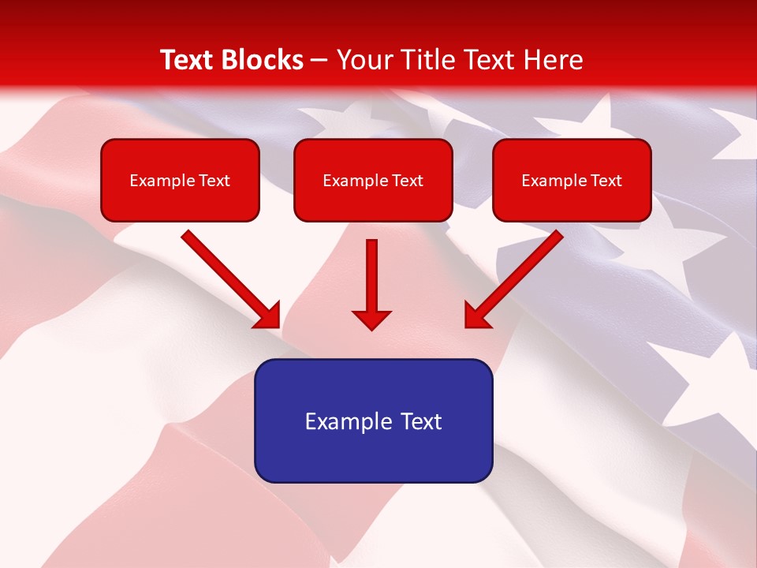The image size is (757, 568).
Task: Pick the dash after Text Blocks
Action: coord(319,61)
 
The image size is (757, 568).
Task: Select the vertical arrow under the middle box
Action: coord(371,284)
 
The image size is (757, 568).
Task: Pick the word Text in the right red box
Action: coord(606,181)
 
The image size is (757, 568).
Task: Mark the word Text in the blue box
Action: coord(422,421)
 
